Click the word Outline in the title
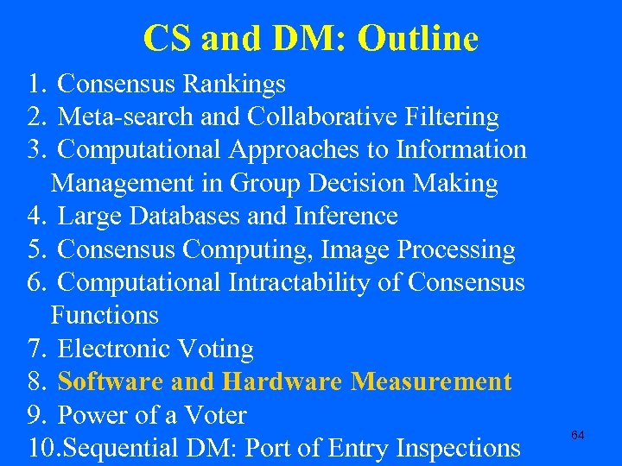[417, 38]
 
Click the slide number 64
[578, 436]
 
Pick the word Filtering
[454, 116]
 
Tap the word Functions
[105, 315]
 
